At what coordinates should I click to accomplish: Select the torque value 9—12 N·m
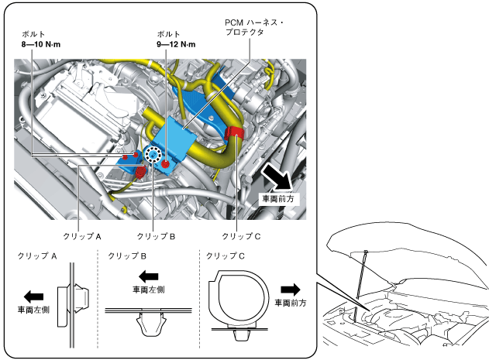(175, 45)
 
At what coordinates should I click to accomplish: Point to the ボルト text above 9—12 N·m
(168, 35)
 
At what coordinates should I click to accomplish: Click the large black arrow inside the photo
(277, 177)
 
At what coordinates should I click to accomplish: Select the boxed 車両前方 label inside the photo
(277, 199)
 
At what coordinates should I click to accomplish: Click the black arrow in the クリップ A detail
(33, 295)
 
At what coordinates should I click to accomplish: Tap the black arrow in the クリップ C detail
(290, 288)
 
